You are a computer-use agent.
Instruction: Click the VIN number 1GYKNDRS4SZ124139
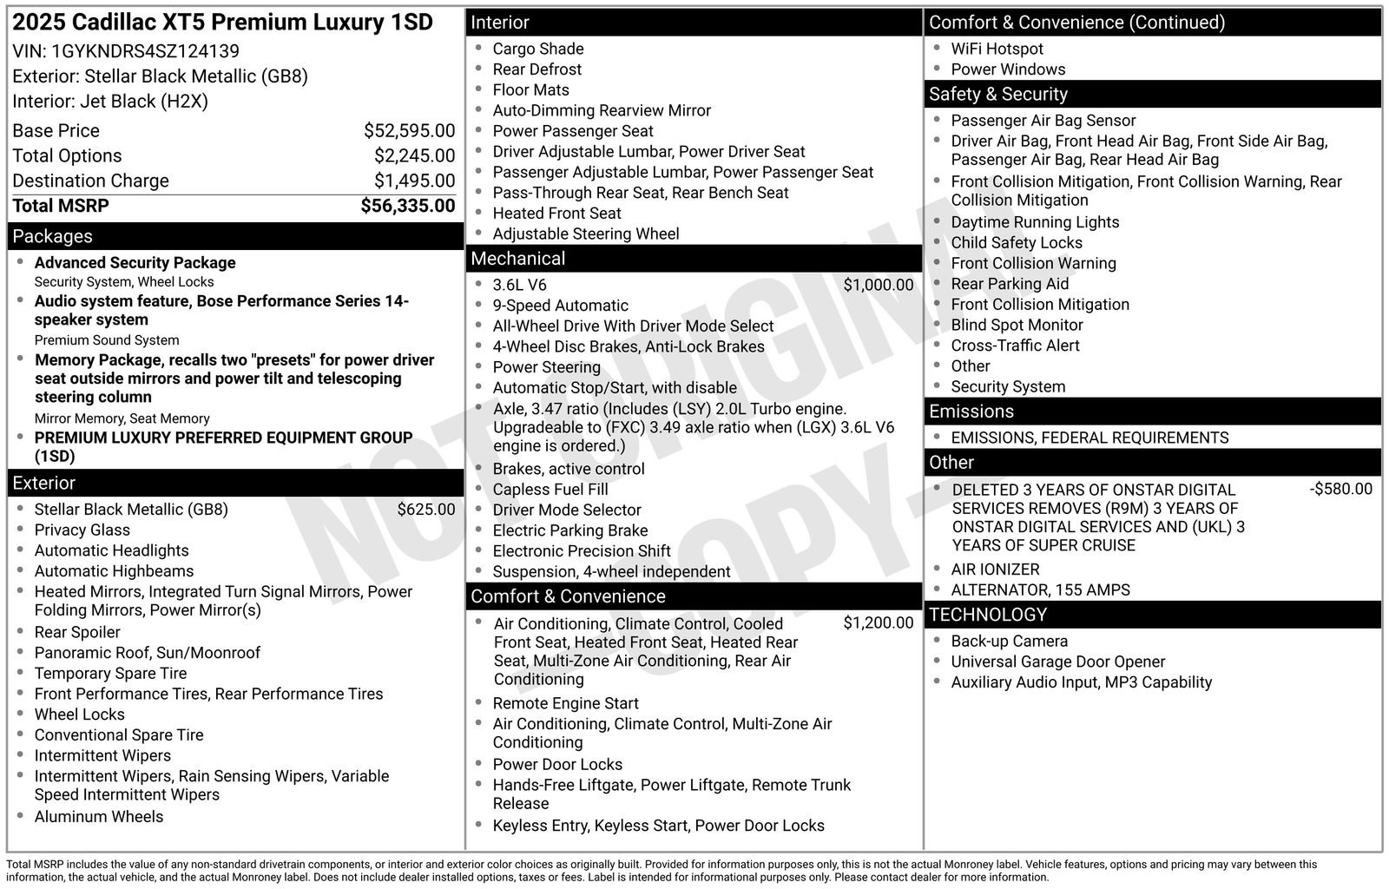145,51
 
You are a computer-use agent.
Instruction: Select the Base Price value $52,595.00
409,131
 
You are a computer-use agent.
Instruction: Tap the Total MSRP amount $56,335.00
407,206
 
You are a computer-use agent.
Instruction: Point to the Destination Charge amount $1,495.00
414,181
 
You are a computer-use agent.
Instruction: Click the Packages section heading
52,236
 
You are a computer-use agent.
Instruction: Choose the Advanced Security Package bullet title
135,262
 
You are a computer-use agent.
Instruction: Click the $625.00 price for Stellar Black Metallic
425,510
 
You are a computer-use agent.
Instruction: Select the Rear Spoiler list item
77,632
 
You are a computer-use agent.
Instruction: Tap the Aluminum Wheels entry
98,816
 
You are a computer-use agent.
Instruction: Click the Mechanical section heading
517,259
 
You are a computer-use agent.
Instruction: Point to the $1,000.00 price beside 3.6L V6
878,285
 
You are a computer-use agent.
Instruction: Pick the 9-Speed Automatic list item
560,306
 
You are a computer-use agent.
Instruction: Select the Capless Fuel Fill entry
550,490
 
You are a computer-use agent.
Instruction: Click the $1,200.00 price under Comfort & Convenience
878,623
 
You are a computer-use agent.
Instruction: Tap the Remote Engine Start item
565,703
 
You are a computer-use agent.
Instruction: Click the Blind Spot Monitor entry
1017,325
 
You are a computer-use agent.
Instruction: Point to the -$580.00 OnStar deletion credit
1340,490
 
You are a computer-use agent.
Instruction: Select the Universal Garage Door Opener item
1057,662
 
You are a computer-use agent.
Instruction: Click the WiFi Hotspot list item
997,49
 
